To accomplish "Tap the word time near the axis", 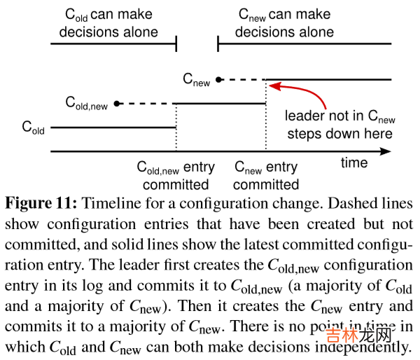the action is click(354, 162).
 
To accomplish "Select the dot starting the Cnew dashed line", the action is click(219, 79).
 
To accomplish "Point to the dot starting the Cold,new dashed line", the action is click(117, 104).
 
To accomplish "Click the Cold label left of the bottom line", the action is click(33, 127).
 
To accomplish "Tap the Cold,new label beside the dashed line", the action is click(87, 103).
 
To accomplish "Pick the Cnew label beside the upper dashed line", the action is click(196, 80).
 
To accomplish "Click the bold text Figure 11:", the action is click(41, 203).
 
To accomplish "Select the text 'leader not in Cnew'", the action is click(340, 116).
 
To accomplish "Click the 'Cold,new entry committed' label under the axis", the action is click(176, 176).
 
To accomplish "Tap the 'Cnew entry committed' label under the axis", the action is click(266, 176).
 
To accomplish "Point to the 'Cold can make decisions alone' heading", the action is click(108, 23).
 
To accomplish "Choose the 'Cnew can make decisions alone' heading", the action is click(284, 23).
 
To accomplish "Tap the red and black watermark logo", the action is click(358, 335).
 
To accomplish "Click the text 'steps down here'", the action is click(340, 134).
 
